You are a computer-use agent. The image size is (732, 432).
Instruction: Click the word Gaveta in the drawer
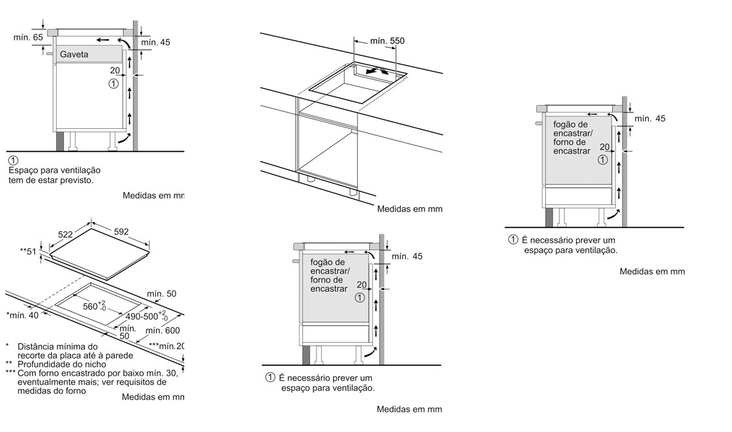tap(74, 55)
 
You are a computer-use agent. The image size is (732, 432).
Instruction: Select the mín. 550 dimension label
tap(387, 41)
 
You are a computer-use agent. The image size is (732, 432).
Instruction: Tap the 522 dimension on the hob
tap(65, 235)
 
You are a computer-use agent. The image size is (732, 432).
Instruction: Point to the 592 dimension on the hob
tap(121, 232)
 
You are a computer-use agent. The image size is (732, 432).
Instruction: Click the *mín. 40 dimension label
tap(23, 315)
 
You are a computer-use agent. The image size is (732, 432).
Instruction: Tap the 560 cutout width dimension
tap(95, 306)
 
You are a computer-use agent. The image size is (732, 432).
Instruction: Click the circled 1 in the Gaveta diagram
tap(114, 84)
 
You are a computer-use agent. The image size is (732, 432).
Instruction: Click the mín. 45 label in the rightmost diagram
tap(650, 118)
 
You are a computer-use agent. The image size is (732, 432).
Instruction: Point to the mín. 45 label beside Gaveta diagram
tap(155, 42)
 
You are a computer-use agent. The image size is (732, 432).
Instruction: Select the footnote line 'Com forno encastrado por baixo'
tap(97, 373)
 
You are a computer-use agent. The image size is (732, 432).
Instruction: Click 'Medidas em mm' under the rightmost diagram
tap(652, 272)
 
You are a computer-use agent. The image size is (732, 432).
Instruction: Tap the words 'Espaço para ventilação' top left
tap(55, 170)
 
